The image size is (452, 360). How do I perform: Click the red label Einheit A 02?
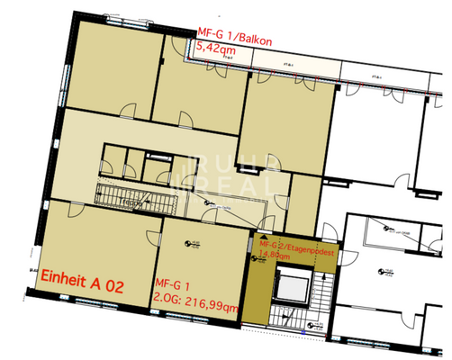point(80,282)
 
